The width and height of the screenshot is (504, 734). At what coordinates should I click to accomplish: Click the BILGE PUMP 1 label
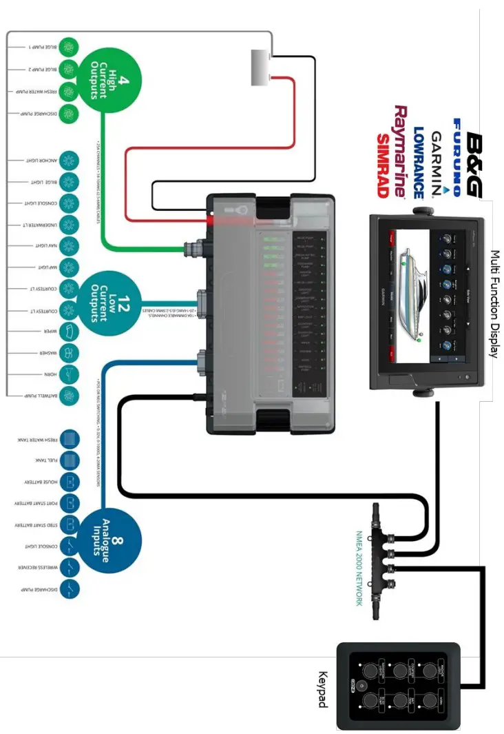click(43, 47)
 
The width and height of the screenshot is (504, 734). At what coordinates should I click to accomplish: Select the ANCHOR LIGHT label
click(43, 161)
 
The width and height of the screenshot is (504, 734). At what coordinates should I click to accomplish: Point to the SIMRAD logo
click(383, 165)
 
